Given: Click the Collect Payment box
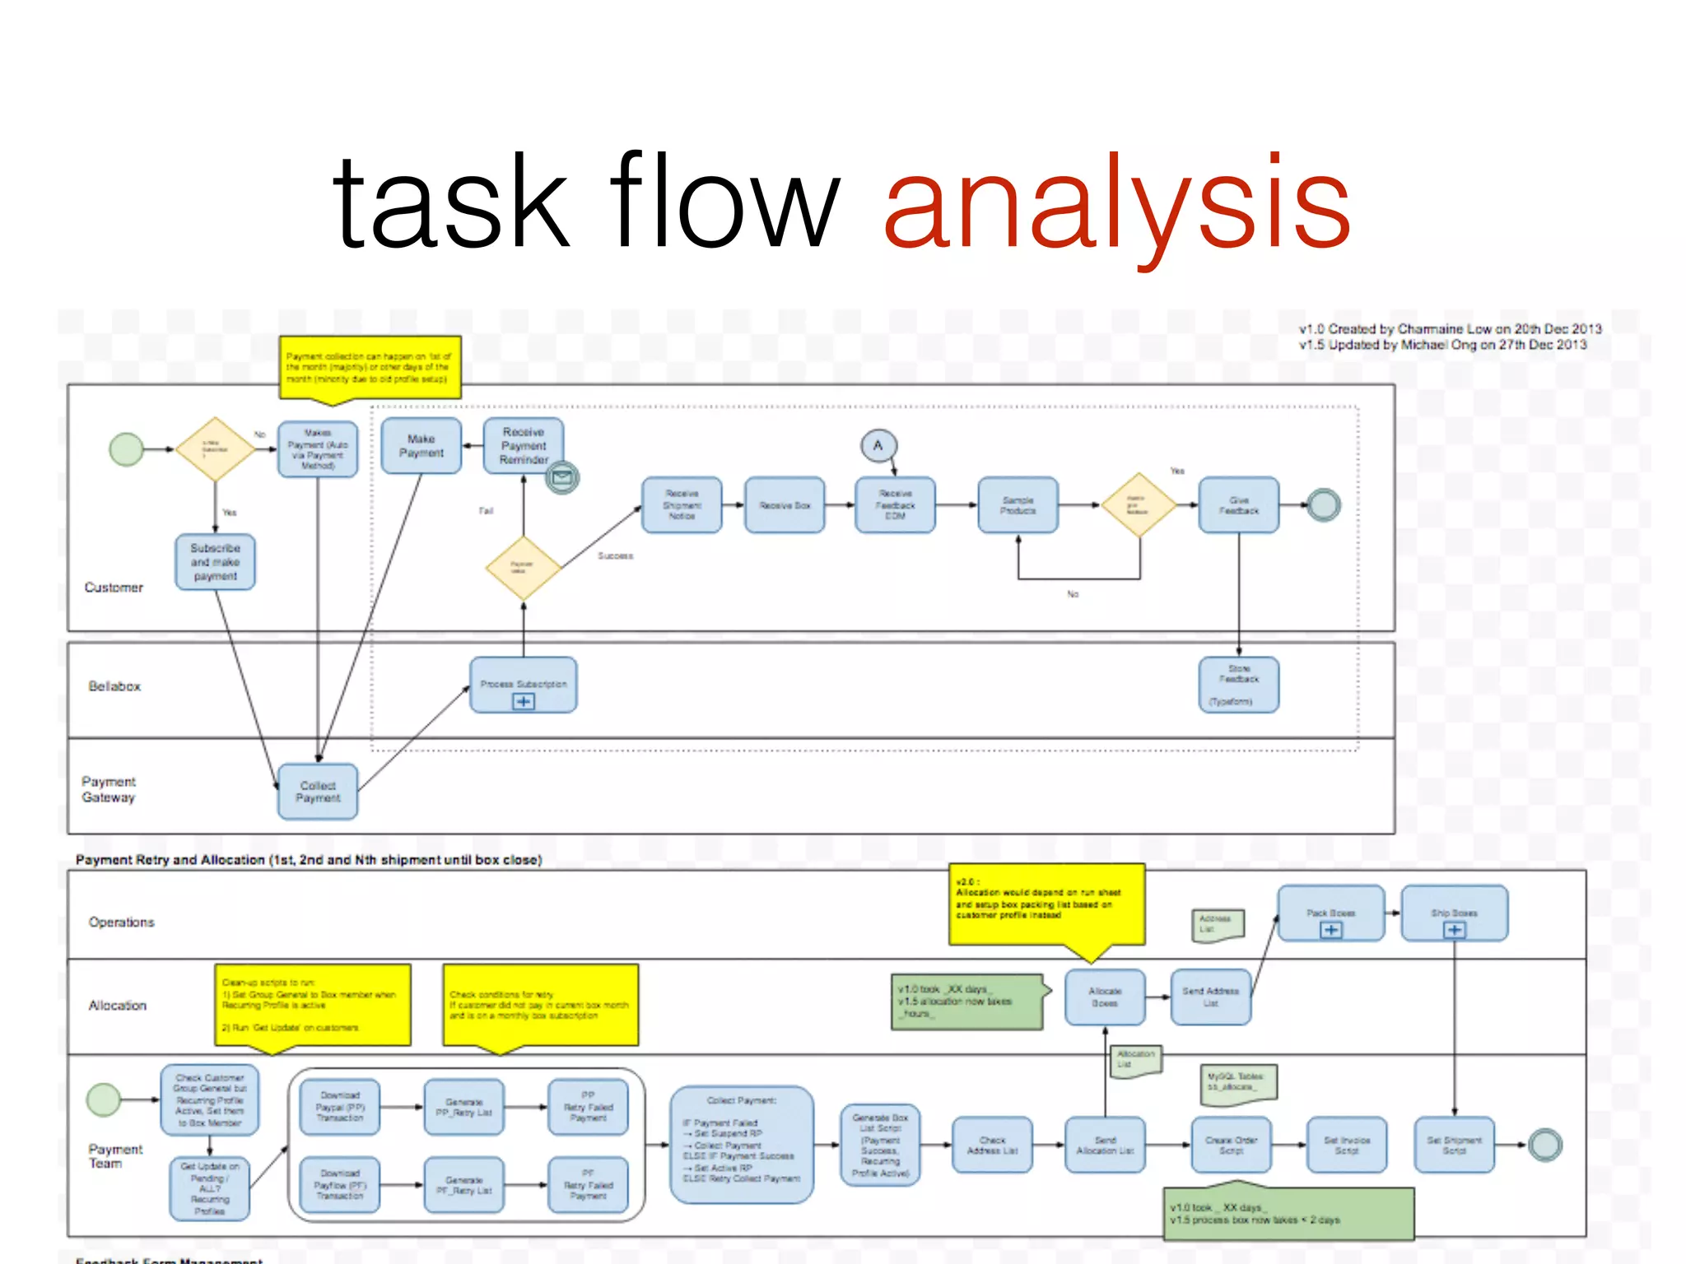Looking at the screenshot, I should point(318,792).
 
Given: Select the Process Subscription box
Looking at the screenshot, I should point(524,685).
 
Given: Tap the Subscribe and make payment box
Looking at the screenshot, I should point(216,562).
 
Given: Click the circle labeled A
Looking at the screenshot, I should point(878,446).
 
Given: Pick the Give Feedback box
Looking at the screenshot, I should point(1239,505).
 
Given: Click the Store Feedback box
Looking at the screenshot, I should point(1239,685).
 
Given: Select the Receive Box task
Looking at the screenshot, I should point(785,505).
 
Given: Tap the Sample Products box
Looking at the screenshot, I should point(1018,505).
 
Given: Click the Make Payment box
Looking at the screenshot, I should point(421,446).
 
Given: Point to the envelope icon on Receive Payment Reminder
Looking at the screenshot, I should point(563,476).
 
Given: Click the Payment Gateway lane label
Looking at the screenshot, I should point(109,789).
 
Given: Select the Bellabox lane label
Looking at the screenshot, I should point(114,686).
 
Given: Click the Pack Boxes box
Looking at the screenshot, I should point(1331,913).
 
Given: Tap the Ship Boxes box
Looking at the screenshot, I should point(1455,913).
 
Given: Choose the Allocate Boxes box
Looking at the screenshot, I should point(1105,997).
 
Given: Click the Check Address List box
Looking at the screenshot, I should point(992,1145).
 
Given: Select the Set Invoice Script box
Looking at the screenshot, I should point(1347,1145).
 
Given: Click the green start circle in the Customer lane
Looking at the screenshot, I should point(127,449).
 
